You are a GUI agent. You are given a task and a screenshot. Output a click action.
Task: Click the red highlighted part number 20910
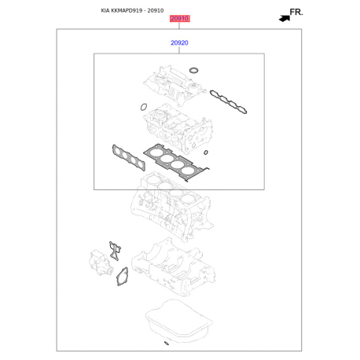(179, 19)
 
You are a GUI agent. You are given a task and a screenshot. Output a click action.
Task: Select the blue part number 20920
(179, 42)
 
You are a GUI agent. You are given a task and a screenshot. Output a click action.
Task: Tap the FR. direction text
(296, 12)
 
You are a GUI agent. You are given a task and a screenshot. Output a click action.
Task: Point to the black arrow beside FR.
(285, 18)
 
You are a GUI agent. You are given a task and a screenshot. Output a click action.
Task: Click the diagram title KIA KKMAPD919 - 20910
(132, 10)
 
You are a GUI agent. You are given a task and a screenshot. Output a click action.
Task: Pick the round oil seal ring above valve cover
(193, 70)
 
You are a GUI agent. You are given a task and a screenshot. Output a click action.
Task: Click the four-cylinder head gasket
(176, 163)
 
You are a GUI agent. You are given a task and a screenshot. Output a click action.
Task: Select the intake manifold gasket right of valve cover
(228, 102)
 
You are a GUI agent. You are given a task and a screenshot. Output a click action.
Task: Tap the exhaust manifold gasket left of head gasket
(129, 157)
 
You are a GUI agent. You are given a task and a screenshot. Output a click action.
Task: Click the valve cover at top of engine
(174, 85)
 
